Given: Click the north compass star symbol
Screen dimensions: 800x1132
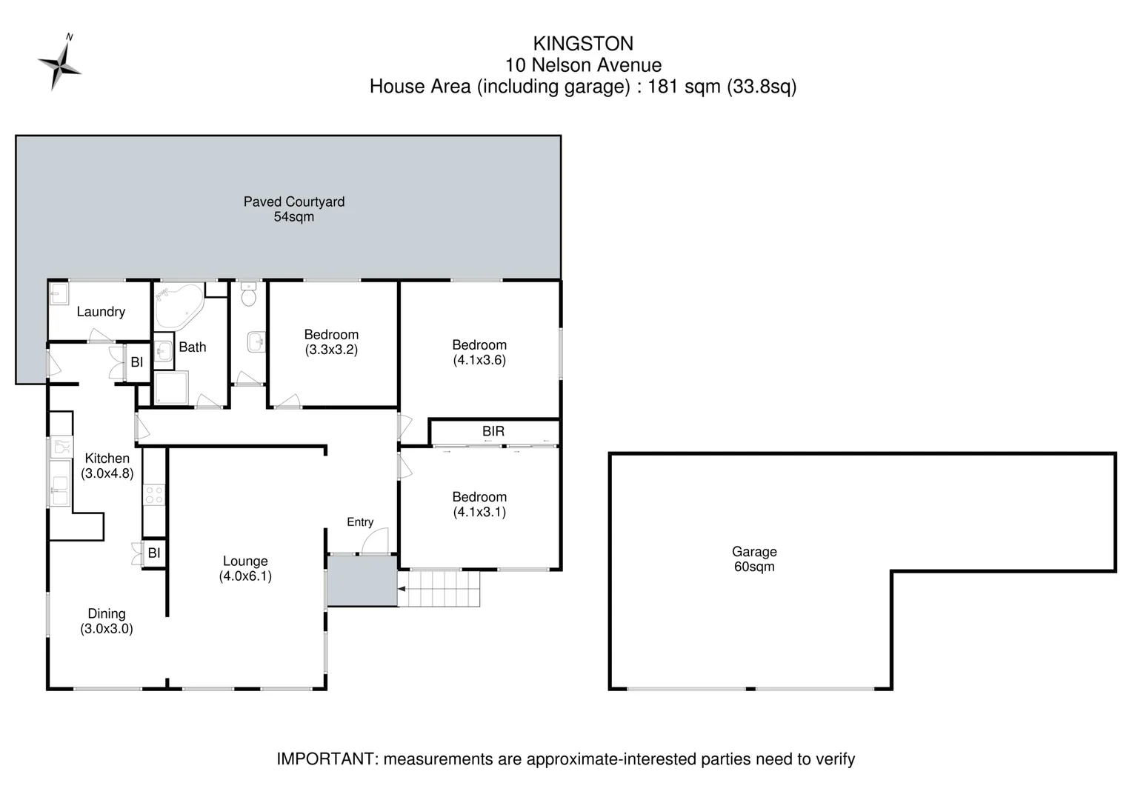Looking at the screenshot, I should click(x=59, y=65).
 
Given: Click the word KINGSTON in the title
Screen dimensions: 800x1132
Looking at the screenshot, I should click(x=583, y=44).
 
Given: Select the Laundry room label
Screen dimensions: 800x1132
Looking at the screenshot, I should click(x=101, y=312).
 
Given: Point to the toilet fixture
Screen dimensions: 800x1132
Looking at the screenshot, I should click(x=249, y=296).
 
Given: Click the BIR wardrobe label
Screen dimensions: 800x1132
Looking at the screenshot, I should click(x=493, y=431).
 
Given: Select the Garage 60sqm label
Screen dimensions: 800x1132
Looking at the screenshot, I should click(x=754, y=559).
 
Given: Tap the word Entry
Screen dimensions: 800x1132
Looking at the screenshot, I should click(x=360, y=522).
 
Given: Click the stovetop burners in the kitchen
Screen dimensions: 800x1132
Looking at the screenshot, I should click(x=154, y=495).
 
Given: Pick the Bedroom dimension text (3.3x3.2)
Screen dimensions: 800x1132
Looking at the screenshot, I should click(x=331, y=350).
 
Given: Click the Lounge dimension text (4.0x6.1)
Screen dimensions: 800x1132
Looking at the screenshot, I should click(x=245, y=576).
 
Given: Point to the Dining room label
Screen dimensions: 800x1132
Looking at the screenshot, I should click(x=107, y=613).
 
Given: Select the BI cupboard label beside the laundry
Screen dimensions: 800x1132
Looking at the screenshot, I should click(x=137, y=362).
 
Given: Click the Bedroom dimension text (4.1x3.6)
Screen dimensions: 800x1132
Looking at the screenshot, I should click(x=479, y=361).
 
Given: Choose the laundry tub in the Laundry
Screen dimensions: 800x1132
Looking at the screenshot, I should click(x=59, y=295).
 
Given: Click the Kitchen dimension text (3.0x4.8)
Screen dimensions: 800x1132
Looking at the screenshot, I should click(x=107, y=474).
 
